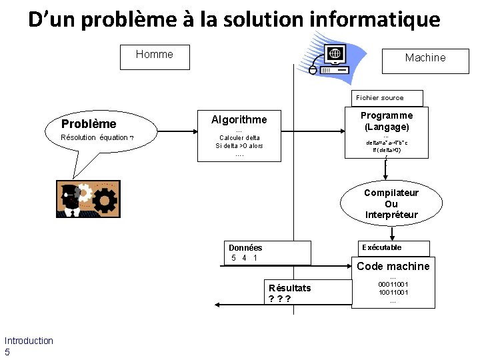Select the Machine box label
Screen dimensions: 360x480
[425, 58]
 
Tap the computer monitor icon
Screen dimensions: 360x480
[335, 55]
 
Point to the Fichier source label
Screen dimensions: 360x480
[379, 97]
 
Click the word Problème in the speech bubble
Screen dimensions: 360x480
[89, 123]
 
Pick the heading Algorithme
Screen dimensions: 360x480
[239, 120]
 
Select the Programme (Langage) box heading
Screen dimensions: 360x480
[387, 121]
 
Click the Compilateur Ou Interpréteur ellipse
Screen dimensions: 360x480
[391, 203]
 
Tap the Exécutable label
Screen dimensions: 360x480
[381, 247]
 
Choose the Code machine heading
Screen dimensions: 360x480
[393, 266]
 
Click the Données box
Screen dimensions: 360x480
[269, 253]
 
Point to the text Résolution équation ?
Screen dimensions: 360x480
[97, 137]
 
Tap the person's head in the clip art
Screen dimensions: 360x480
[69, 193]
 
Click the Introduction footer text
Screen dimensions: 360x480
[29, 341]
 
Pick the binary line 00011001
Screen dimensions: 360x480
[393, 284]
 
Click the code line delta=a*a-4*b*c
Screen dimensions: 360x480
[387, 142]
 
